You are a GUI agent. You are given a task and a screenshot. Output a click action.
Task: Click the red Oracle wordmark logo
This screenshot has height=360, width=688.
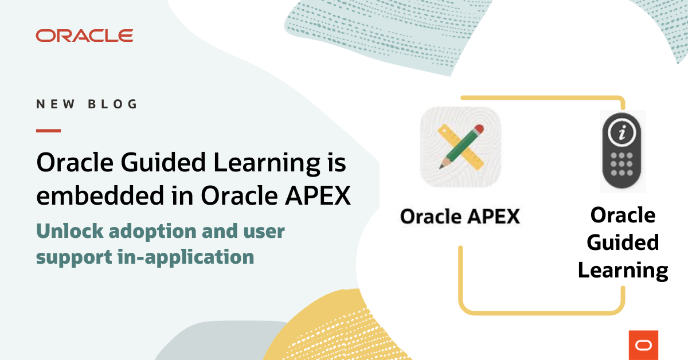point(84,36)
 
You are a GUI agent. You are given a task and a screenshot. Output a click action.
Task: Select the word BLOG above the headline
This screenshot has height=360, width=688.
point(114,104)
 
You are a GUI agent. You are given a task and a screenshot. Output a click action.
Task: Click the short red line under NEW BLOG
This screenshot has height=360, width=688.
point(48,131)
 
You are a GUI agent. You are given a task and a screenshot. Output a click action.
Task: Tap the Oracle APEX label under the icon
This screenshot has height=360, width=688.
point(460,217)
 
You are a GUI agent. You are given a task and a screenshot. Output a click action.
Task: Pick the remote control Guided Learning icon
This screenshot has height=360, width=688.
point(623,151)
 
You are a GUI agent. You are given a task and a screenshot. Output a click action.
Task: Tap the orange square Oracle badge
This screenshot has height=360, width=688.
point(643,345)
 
